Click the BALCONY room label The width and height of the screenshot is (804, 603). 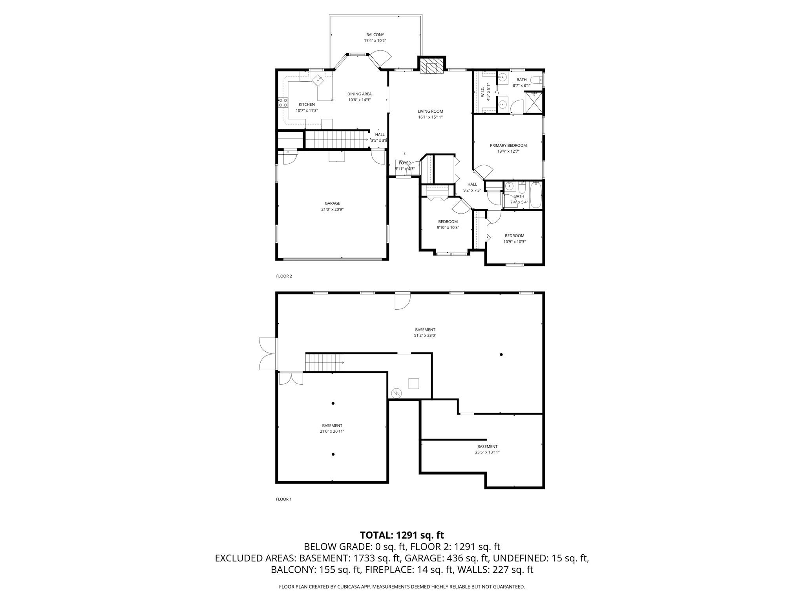pos(375,35)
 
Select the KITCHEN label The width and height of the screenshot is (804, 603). pos(307,104)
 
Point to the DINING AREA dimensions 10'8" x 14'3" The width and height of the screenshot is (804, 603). pos(359,100)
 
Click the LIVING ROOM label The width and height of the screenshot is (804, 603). pos(430,111)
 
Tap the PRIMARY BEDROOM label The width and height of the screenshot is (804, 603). pos(508,145)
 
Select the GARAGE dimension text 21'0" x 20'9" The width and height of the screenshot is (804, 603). pos(332,209)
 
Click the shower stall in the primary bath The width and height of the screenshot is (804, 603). pos(534,102)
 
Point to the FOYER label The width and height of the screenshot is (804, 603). pos(405,163)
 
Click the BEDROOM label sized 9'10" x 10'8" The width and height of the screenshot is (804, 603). pos(448,221)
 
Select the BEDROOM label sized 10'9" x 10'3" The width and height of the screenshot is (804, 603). pos(514,236)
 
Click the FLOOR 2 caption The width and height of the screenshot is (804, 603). pos(284,276)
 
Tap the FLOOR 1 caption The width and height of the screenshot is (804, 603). pos(284,499)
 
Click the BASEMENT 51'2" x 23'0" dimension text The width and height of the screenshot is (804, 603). pos(425,336)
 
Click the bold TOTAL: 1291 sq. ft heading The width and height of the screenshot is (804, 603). pos(402,535)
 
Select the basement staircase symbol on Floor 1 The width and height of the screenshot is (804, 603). pos(325,362)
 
